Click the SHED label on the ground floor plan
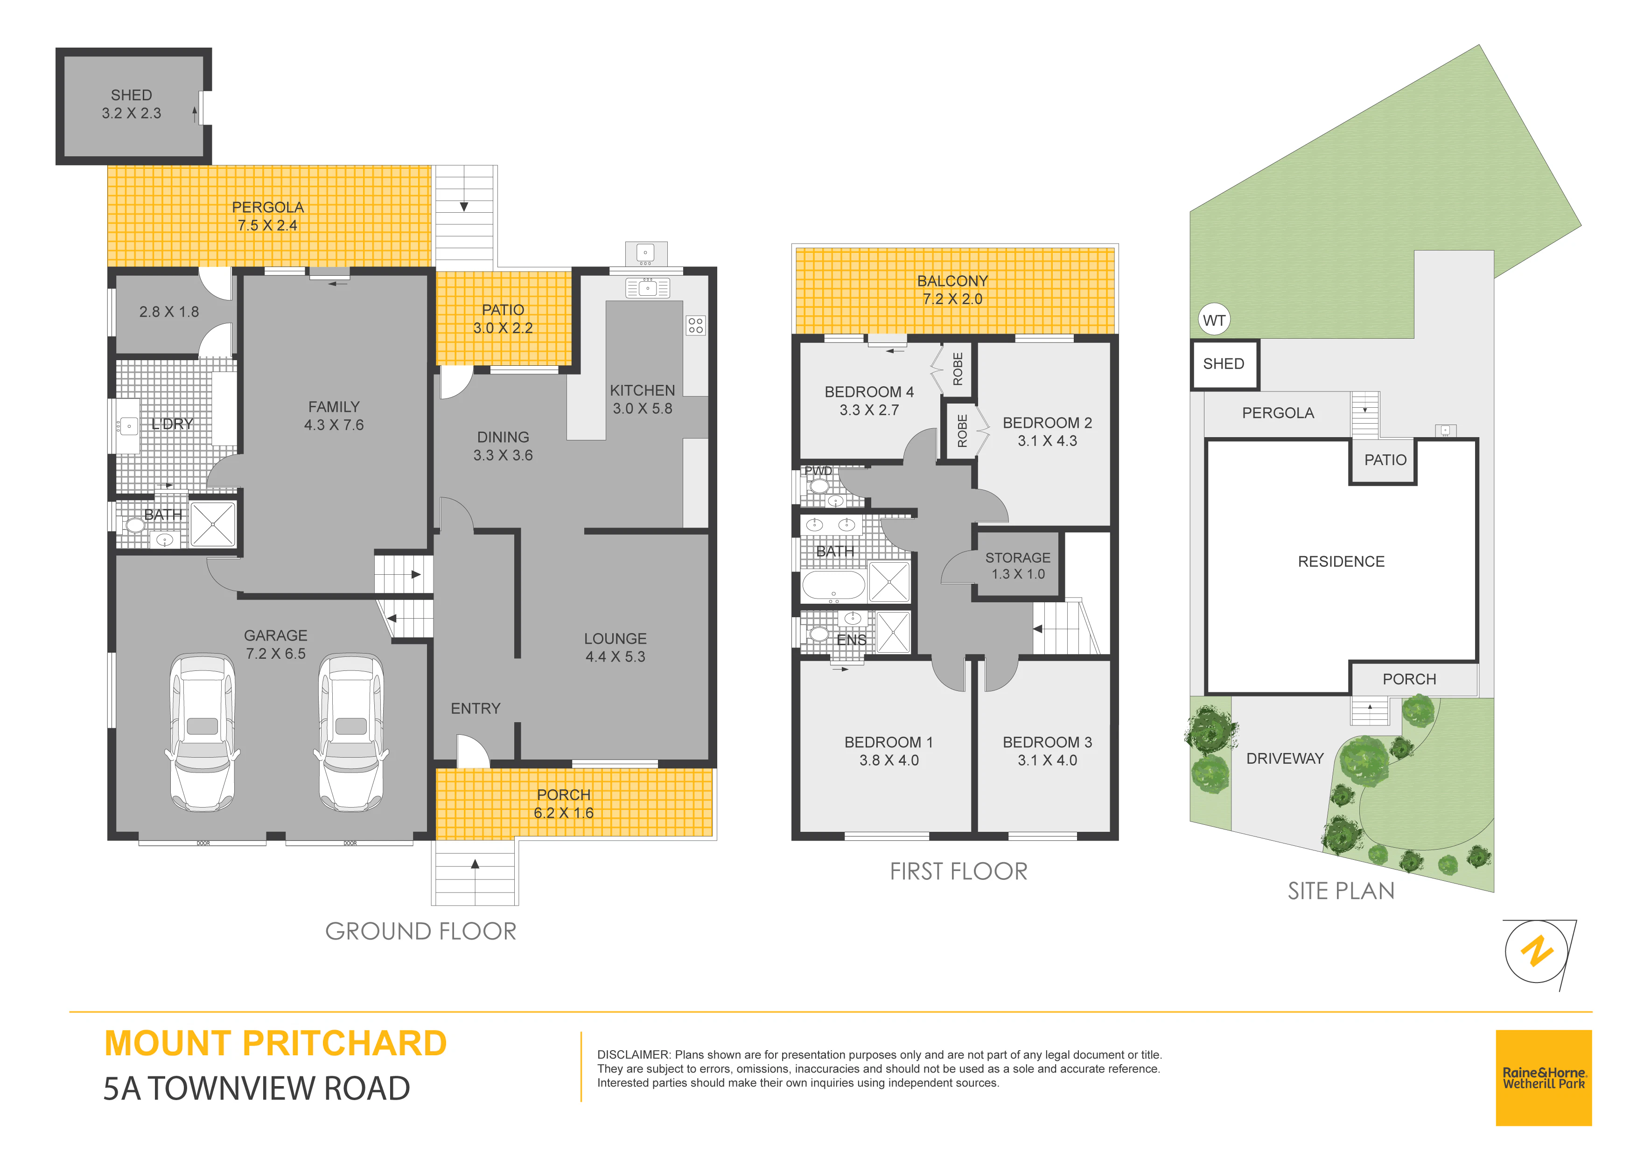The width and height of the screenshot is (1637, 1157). tap(131, 95)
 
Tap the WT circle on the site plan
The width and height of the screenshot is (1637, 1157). tap(1214, 320)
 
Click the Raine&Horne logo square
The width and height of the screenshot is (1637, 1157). tap(1544, 1078)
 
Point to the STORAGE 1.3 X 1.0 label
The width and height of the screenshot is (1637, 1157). tap(1018, 566)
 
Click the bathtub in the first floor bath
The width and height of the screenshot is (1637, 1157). tap(833, 586)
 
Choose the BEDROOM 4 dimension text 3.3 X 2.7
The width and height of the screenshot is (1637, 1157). tap(869, 410)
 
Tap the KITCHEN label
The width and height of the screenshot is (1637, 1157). tap(643, 390)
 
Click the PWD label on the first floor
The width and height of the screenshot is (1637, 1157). tap(818, 471)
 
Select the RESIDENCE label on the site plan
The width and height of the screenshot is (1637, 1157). tap(1341, 562)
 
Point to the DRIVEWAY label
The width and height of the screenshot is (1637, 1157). tap(1285, 759)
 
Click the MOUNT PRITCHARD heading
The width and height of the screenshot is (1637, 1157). tap(275, 1044)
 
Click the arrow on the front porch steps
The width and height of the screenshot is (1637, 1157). tap(475, 864)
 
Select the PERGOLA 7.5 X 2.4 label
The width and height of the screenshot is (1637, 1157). tap(267, 216)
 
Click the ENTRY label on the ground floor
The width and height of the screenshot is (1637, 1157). tap(476, 709)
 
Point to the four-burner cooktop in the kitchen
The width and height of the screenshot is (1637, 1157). tap(696, 326)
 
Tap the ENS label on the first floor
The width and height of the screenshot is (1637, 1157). tap(851, 640)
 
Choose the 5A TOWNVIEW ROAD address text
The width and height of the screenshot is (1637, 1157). tap(257, 1088)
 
